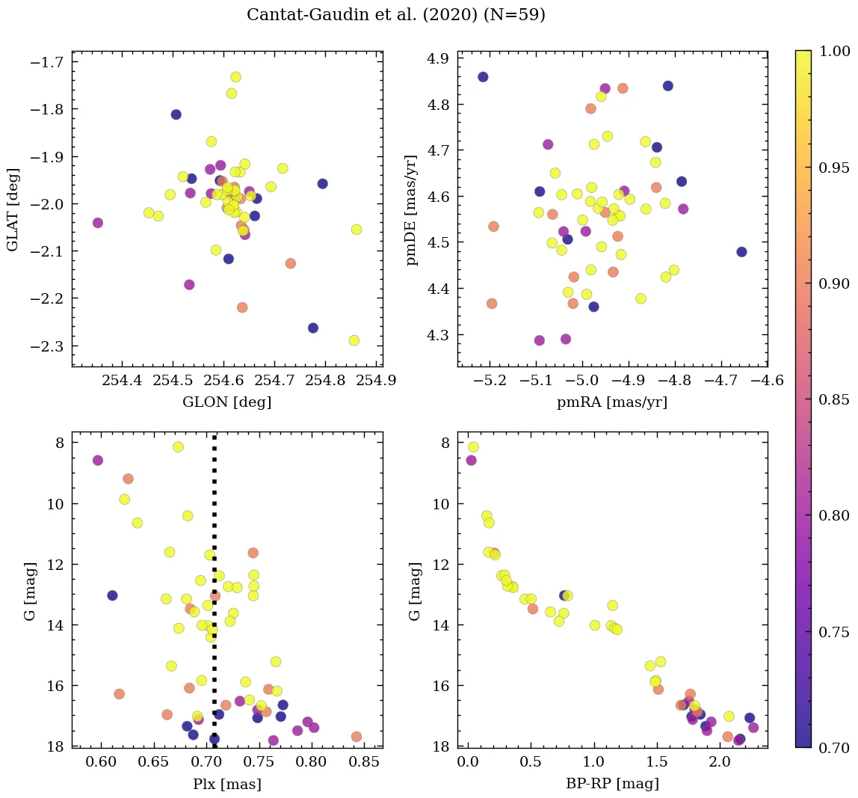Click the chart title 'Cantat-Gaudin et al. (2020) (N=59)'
tap(395, 15)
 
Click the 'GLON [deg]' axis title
tap(226, 402)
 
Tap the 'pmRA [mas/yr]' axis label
tap(612, 402)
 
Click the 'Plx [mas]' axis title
tap(226, 784)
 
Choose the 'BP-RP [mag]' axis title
tap(612, 784)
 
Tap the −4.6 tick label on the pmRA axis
tap(767, 381)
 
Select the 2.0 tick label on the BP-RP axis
tap(720, 762)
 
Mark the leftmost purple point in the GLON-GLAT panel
tap(97, 223)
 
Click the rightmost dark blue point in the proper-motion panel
tap(741, 252)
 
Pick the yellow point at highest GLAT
tap(235, 77)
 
